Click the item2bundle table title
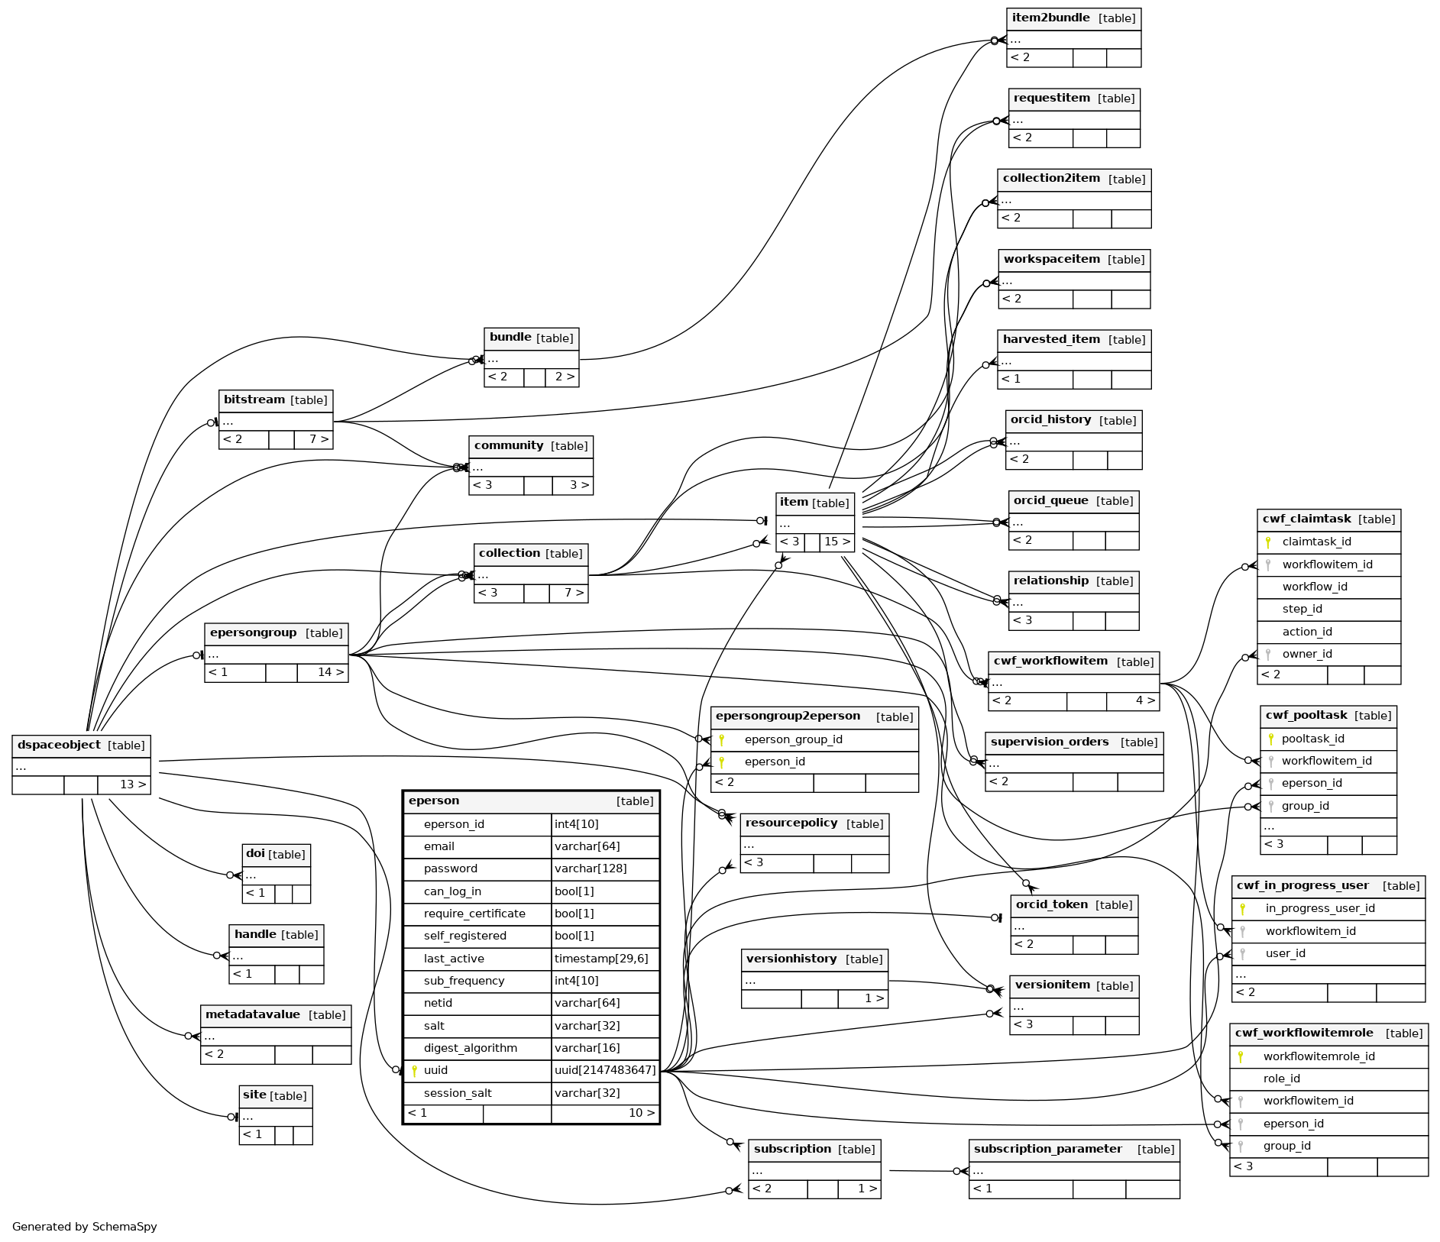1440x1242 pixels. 1050,18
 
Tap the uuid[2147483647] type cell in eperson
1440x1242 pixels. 605,1070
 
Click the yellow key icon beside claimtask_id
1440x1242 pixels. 1268,542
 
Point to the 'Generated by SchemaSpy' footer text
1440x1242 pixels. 85,1227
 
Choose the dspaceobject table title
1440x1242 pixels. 59,746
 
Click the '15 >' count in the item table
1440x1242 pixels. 837,542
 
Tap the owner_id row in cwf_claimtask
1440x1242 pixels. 1307,654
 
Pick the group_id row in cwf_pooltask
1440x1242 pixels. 1305,806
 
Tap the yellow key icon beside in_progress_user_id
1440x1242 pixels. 1243,909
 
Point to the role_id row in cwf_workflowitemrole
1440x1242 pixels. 1281,1079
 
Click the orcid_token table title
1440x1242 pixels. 1051,904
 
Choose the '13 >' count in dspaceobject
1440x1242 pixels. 132,784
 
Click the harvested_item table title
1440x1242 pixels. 1051,339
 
